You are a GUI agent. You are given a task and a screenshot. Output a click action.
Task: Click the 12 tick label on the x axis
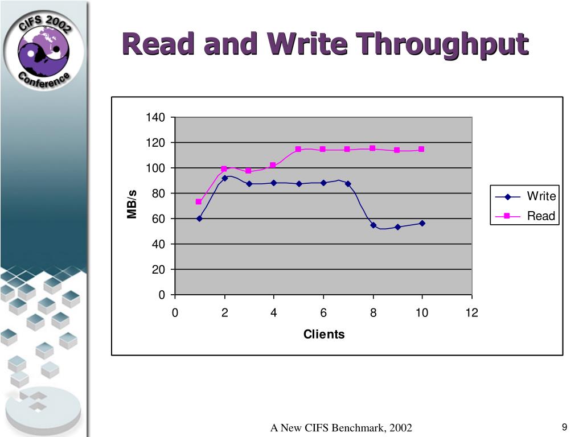471,312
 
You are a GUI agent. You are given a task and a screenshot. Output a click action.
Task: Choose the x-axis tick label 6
323,312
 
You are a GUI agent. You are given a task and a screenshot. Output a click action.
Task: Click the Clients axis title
323,334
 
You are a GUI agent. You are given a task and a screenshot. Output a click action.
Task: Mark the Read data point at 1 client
199,201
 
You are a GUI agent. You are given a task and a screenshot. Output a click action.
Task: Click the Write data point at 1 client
199,218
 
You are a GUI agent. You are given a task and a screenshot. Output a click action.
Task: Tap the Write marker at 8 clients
373,225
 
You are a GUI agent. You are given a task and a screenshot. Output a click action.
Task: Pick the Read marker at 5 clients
298,149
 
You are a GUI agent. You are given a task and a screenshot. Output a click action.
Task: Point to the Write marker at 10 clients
422,223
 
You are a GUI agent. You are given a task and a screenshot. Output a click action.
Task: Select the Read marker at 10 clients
421,149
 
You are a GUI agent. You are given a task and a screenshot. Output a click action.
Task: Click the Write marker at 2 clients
224,178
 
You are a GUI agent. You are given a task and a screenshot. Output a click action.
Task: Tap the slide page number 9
564,427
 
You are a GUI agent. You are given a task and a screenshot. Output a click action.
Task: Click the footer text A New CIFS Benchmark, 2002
340,428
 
